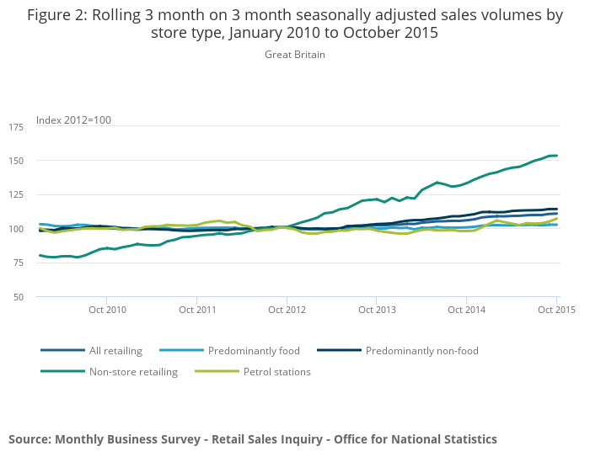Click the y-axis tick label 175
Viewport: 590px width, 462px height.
(x=16, y=127)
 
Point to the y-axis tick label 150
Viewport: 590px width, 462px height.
(x=16, y=161)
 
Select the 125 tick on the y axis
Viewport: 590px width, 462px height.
(x=16, y=195)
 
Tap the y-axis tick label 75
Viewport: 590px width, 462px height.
(x=19, y=263)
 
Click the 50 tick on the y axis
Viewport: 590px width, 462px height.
(x=19, y=297)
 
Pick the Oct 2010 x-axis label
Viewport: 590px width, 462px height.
(x=107, y=310)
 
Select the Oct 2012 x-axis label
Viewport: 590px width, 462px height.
(x=287, y=310)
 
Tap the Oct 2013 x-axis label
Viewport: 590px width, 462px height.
(x=377, y=310)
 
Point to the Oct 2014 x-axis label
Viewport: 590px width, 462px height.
(x=466, y=310)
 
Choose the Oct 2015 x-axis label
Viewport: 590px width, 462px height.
(x=555, y=310)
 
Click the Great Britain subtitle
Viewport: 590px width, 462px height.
(x=295, y=55)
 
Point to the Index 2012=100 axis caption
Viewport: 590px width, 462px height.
(x=73, y=120)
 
